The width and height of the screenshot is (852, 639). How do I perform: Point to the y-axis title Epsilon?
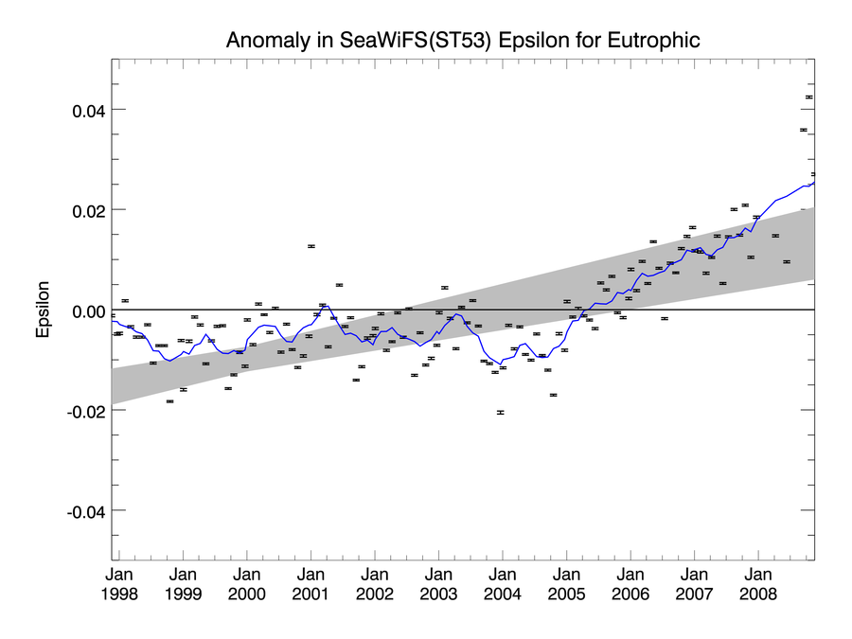click(43, 310)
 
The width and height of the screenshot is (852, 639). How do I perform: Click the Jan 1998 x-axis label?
click(119, 584)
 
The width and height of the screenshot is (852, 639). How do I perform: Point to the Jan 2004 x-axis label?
click(503, 584)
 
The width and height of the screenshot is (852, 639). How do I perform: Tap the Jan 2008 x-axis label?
click(758, 584)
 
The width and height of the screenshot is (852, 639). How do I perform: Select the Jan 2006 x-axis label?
click(630, 584)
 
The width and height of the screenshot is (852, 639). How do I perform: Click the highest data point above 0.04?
click(809, 98)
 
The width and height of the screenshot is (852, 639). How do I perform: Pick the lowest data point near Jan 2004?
click(501, 413)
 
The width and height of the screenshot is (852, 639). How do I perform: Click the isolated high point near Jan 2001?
click(311, 246)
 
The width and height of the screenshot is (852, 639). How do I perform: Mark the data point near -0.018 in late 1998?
click(169, 401)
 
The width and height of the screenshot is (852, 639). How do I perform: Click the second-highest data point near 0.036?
click(804, 130)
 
